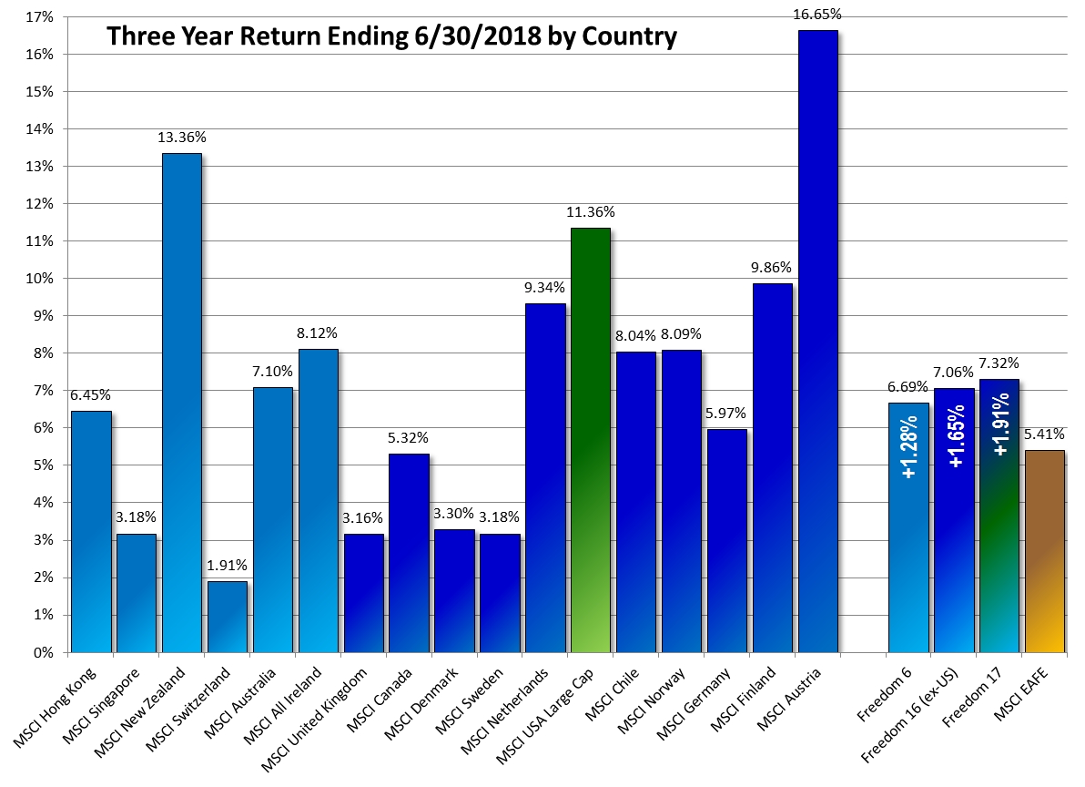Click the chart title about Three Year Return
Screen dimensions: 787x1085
[391, 36]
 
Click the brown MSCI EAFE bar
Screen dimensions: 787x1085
[1044, 551]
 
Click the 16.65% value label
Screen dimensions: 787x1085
[817, 15]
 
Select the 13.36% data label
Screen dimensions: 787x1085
[181, 138]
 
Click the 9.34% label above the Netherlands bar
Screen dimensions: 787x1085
[544, 288]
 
